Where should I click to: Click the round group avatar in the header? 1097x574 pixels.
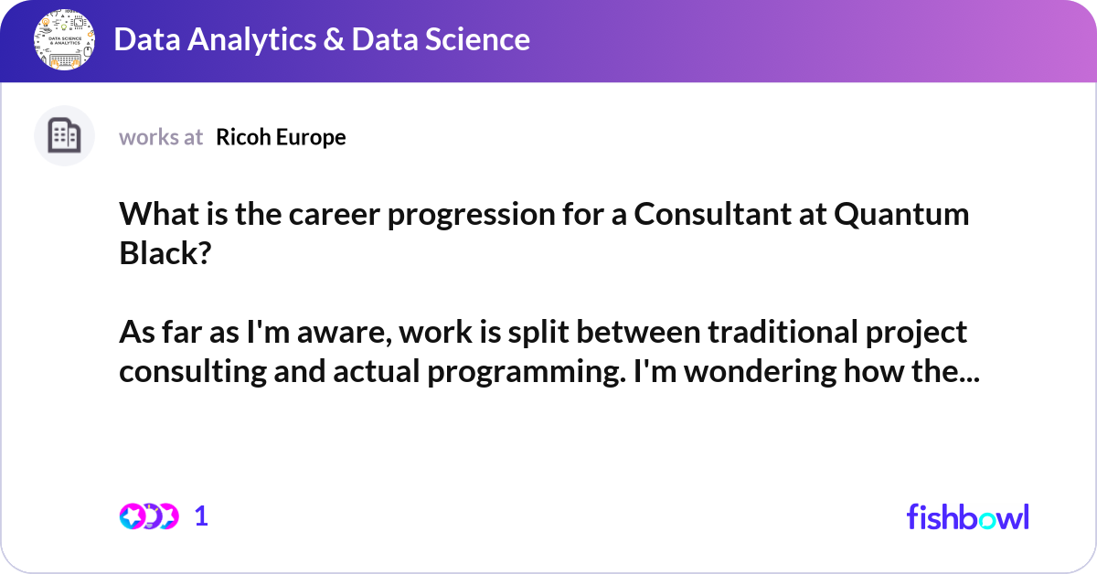click(x=65, y=40)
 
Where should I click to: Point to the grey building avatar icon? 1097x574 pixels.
click(x=65, y=136)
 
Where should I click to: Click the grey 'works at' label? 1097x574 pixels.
click(x=161, y=137)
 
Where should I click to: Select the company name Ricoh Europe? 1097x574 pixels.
click(x=281, y=137)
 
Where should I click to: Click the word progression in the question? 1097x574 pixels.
click(x=442, y=216)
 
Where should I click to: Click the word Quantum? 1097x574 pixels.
click(x=902, y=216)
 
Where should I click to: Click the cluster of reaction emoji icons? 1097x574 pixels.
click(x=148, y=516)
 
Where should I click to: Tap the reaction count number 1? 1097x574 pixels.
click(x=201, y=516)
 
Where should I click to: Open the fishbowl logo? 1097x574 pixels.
click(x=967, y=516)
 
